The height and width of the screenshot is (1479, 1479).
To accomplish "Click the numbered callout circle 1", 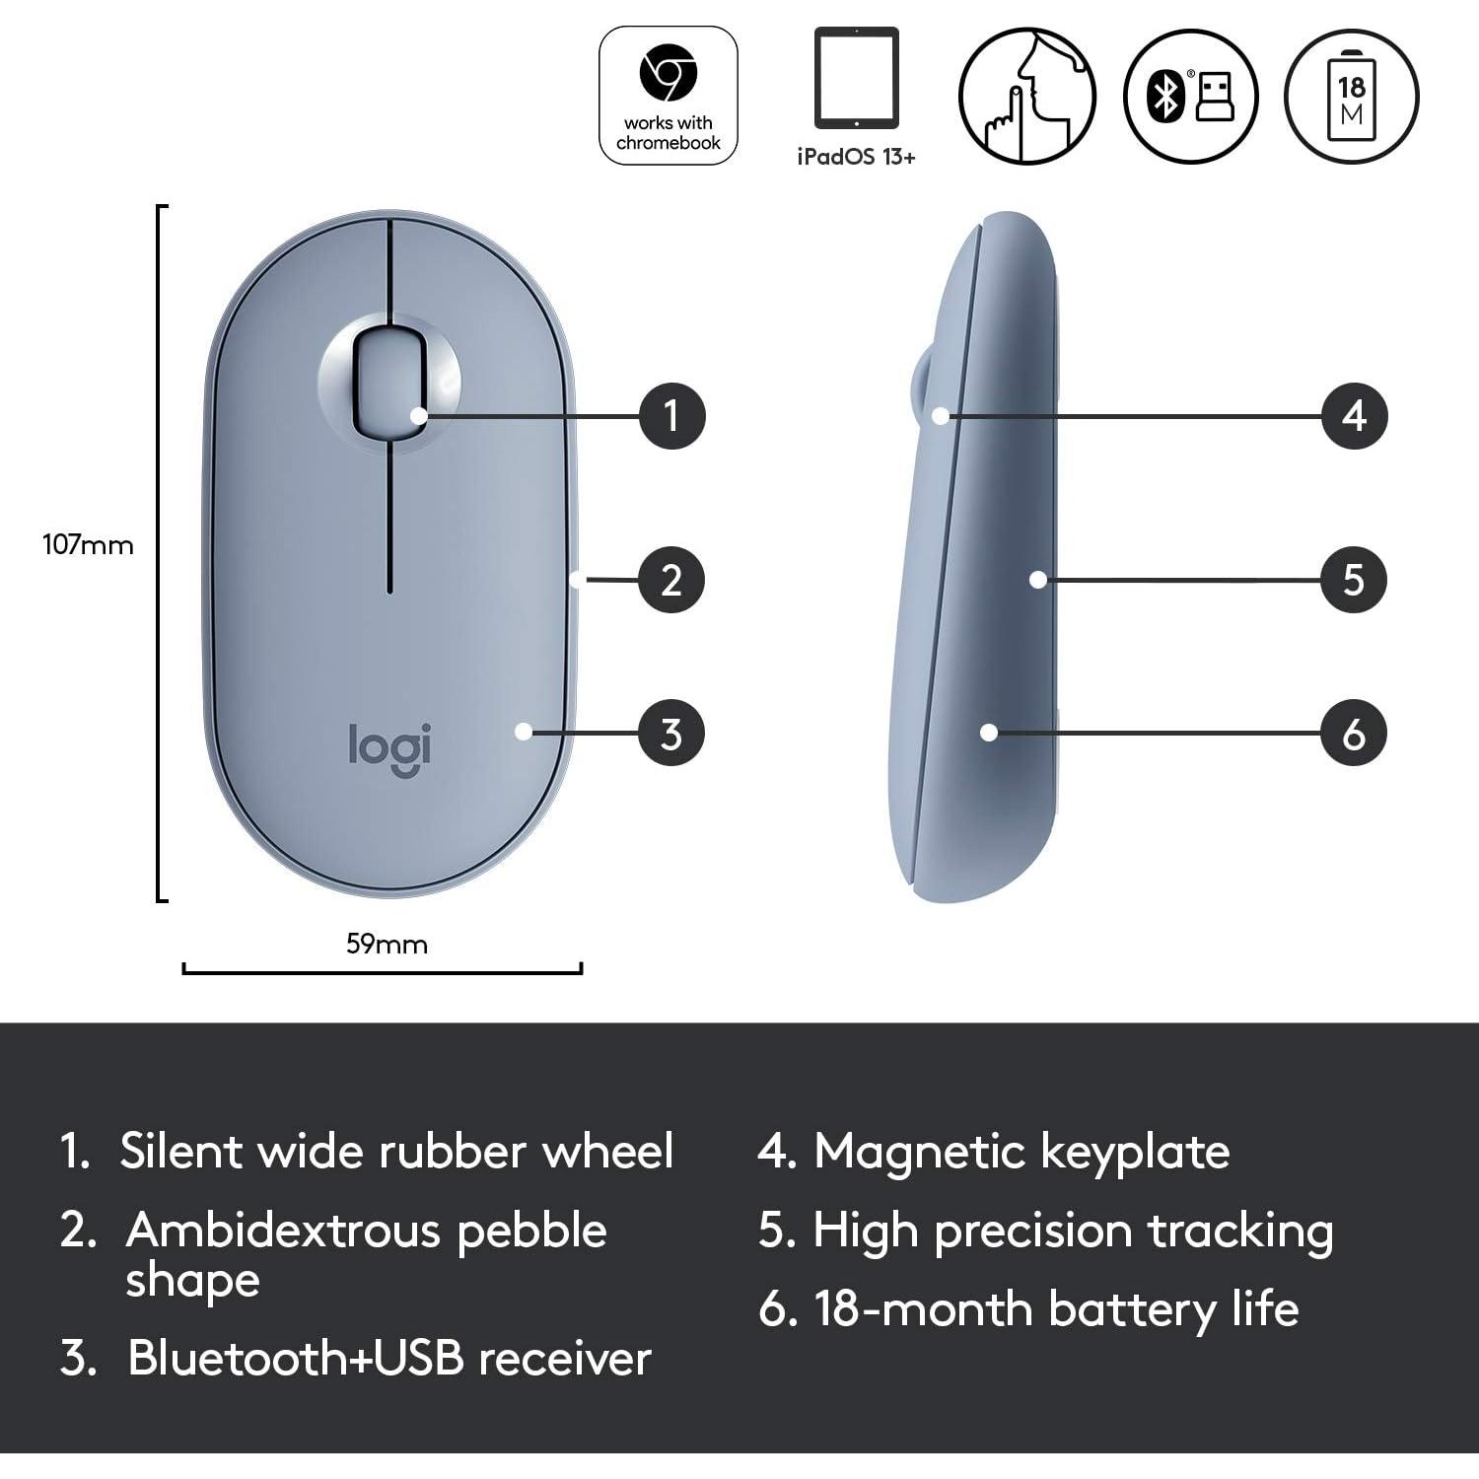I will [671, 415].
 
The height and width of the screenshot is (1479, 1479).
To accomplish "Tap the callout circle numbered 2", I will [671, 580].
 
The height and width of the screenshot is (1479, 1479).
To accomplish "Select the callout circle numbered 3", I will [671, 733].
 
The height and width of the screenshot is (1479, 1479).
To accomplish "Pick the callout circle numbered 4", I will [1354, 415].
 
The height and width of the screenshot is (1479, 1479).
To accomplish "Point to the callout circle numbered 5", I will [1354, 580].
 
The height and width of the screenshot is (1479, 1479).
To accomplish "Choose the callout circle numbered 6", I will [1354, 733].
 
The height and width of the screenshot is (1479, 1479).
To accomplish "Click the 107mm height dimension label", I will [88, 544].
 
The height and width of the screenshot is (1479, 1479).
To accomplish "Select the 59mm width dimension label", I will [387, 944].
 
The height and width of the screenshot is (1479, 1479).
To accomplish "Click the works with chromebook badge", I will [669, 96].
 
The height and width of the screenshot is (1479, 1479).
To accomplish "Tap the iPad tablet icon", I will [856, 79].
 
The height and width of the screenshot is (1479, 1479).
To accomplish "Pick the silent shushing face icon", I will [1027, 96].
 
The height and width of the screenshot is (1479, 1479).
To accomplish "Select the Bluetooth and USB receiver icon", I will [1191, 96].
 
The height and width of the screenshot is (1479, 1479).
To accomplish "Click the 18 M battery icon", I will [1351, 96].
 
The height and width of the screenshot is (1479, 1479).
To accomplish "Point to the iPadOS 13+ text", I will [856, 157].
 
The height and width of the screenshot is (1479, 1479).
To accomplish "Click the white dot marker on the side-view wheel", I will [941, 416].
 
